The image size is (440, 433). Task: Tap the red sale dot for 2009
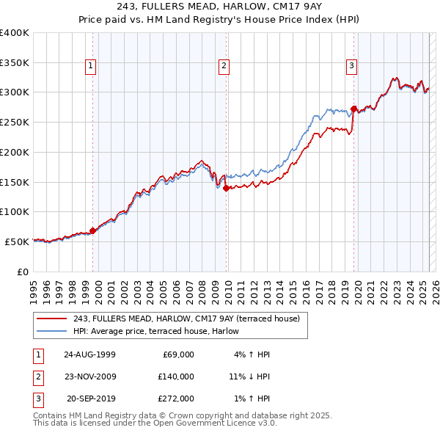tap(227, 188)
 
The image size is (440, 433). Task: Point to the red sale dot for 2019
tap(353, 109)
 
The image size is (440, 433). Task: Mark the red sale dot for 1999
tap(93, 230)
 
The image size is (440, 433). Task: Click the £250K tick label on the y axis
tap(15, 122)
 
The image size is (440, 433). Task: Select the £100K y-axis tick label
tap(15, 211)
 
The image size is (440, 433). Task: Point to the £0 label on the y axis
tap(23, 272)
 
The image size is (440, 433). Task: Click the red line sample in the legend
tap(51, 319)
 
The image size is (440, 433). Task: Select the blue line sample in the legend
tap(51, 331)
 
